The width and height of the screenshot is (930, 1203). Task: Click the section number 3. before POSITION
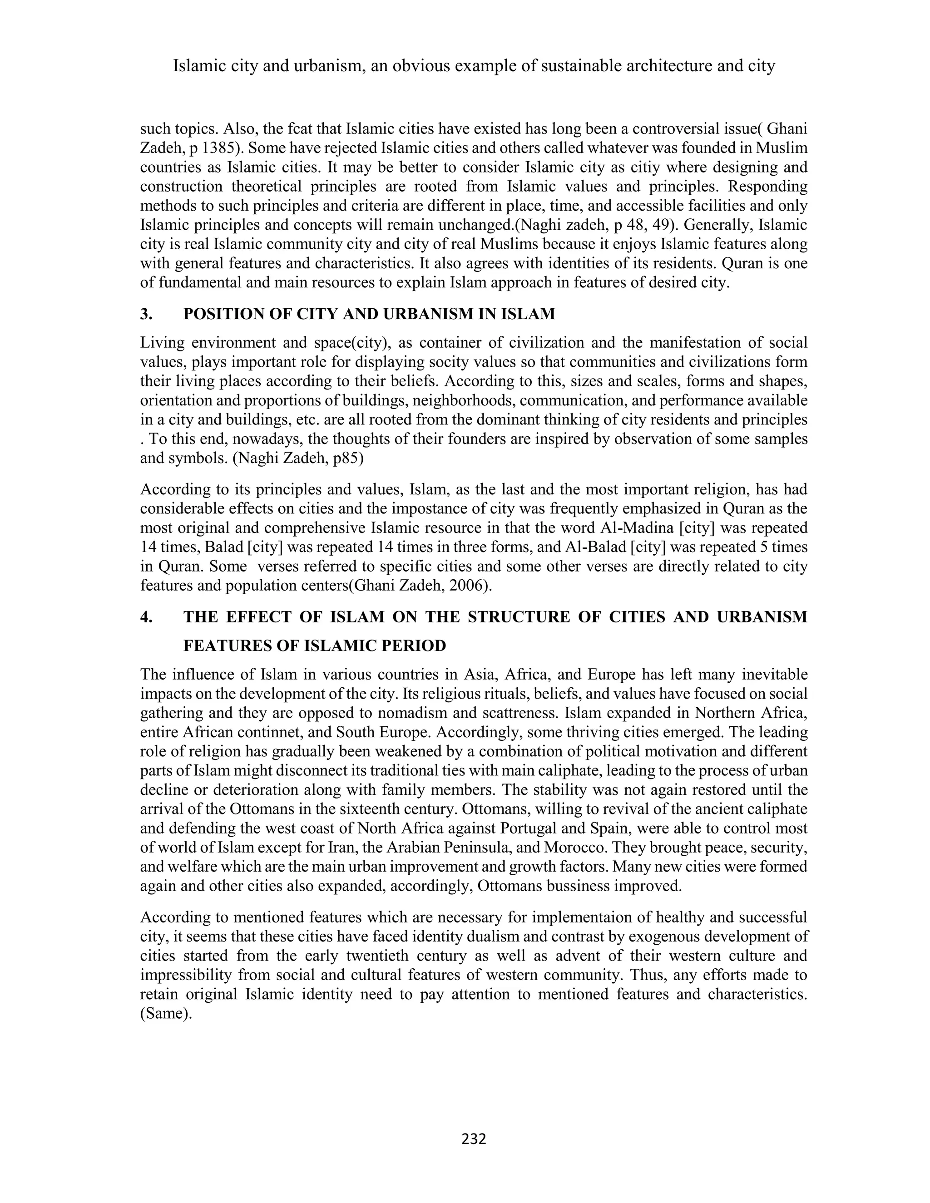tap(146, 314)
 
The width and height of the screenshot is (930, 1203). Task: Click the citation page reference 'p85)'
tap(349, 459)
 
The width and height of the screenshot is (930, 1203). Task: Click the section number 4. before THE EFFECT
tap(146, 616)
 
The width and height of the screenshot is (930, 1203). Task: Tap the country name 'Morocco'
tap(578, 847)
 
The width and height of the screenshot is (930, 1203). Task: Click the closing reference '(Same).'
tap(166, 1014)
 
